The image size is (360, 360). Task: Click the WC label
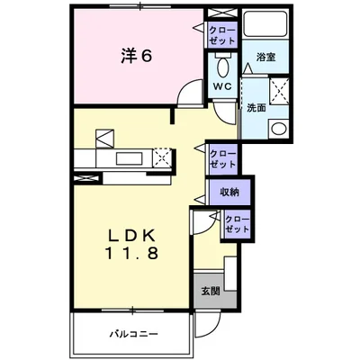(223, 86)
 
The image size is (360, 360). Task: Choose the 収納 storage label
(229, 192)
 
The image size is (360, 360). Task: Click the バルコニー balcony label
(133, 334)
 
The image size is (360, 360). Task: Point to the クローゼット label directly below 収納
(237, 223)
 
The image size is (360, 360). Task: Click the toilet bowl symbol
(223, 68)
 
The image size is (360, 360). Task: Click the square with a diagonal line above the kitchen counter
(106, 139)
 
